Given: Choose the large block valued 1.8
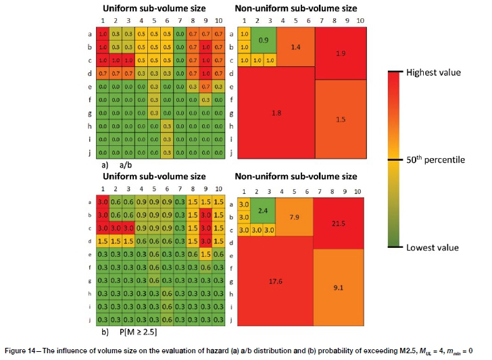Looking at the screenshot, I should click(x=276, y=112).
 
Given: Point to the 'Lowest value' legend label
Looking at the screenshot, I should click(x=433, y=248).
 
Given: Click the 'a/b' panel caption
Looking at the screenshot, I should click(x=126, y=164).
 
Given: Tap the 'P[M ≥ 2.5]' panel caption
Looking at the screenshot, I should click(x=132, y=332).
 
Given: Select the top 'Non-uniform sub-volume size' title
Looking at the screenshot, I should click(x=296, y=9).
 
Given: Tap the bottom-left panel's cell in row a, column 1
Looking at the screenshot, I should click(x=103, y=202).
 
